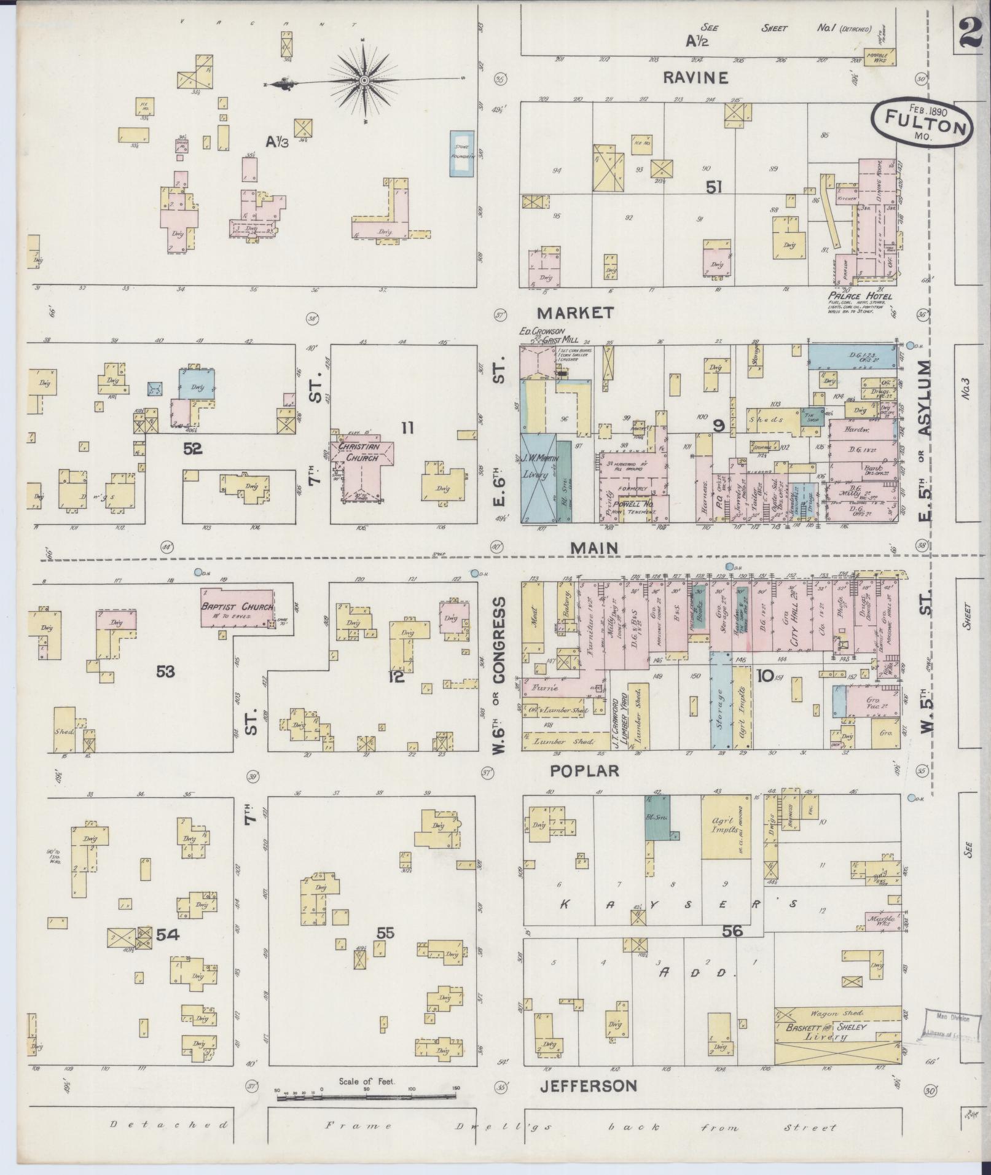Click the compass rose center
click(x=364, y=81)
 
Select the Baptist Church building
click(x=237, y=607)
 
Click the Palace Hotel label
click(x=859, y=296)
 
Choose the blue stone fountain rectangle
click(x=463, y=154)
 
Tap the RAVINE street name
click(x=695, y=77)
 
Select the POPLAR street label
click(x=584, y=771)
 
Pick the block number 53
click(x=165, y=671)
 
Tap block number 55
click(x=385, y=950)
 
